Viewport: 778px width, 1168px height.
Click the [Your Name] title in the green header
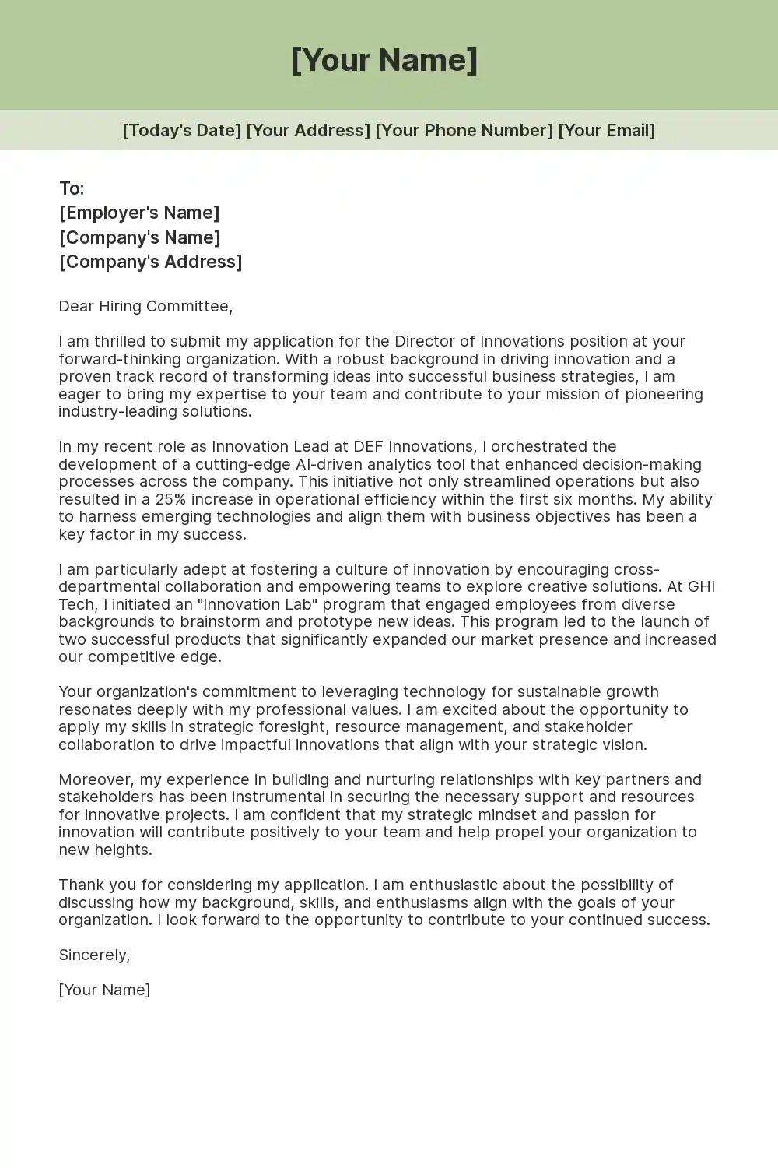pyautogui.click(x=384, y=60)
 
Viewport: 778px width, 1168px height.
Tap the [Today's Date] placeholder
pyautogui.click(x=182, y=130)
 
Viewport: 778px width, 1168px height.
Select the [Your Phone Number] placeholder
pyautogui.click(x=464, y=130)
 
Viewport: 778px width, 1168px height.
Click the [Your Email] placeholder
pyautogui.click(x=607, y=130)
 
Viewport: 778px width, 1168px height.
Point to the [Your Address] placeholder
pyautogui.click(x=308, y=130)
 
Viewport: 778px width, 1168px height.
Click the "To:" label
pyautogui.click(x=72, y=188)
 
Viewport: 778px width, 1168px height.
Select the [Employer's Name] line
pyautogui.click(x=139, y=213)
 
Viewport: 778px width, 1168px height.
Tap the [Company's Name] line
pyautogui.click(x=140, y=237)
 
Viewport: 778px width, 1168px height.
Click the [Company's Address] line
pyautogui.click(x=151, y=262)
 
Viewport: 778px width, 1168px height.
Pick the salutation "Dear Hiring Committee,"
pyautogui.click(x=145, y=306)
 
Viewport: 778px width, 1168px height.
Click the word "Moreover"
pyautogui.click(x=96, y=779)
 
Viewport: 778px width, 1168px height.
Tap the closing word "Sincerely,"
pyautogui.click(x=94, y=955)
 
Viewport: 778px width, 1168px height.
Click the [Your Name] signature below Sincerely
pyautogui.click(x=104, y=990)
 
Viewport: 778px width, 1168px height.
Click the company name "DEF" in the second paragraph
pyautogui.click(x=369, y=446)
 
